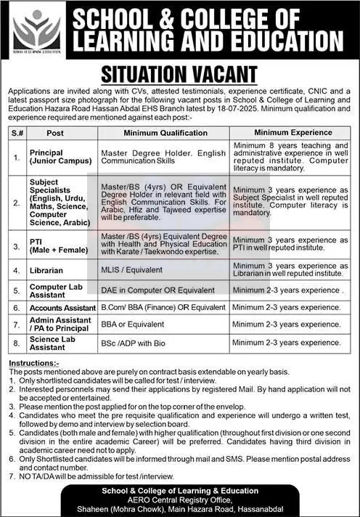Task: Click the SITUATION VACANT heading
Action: tap(179, 75)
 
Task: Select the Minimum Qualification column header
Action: tap(165, 134)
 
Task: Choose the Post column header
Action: tap(55, 134)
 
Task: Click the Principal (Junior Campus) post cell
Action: tap(57, 158)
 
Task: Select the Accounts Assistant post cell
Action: tap(62, 308)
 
